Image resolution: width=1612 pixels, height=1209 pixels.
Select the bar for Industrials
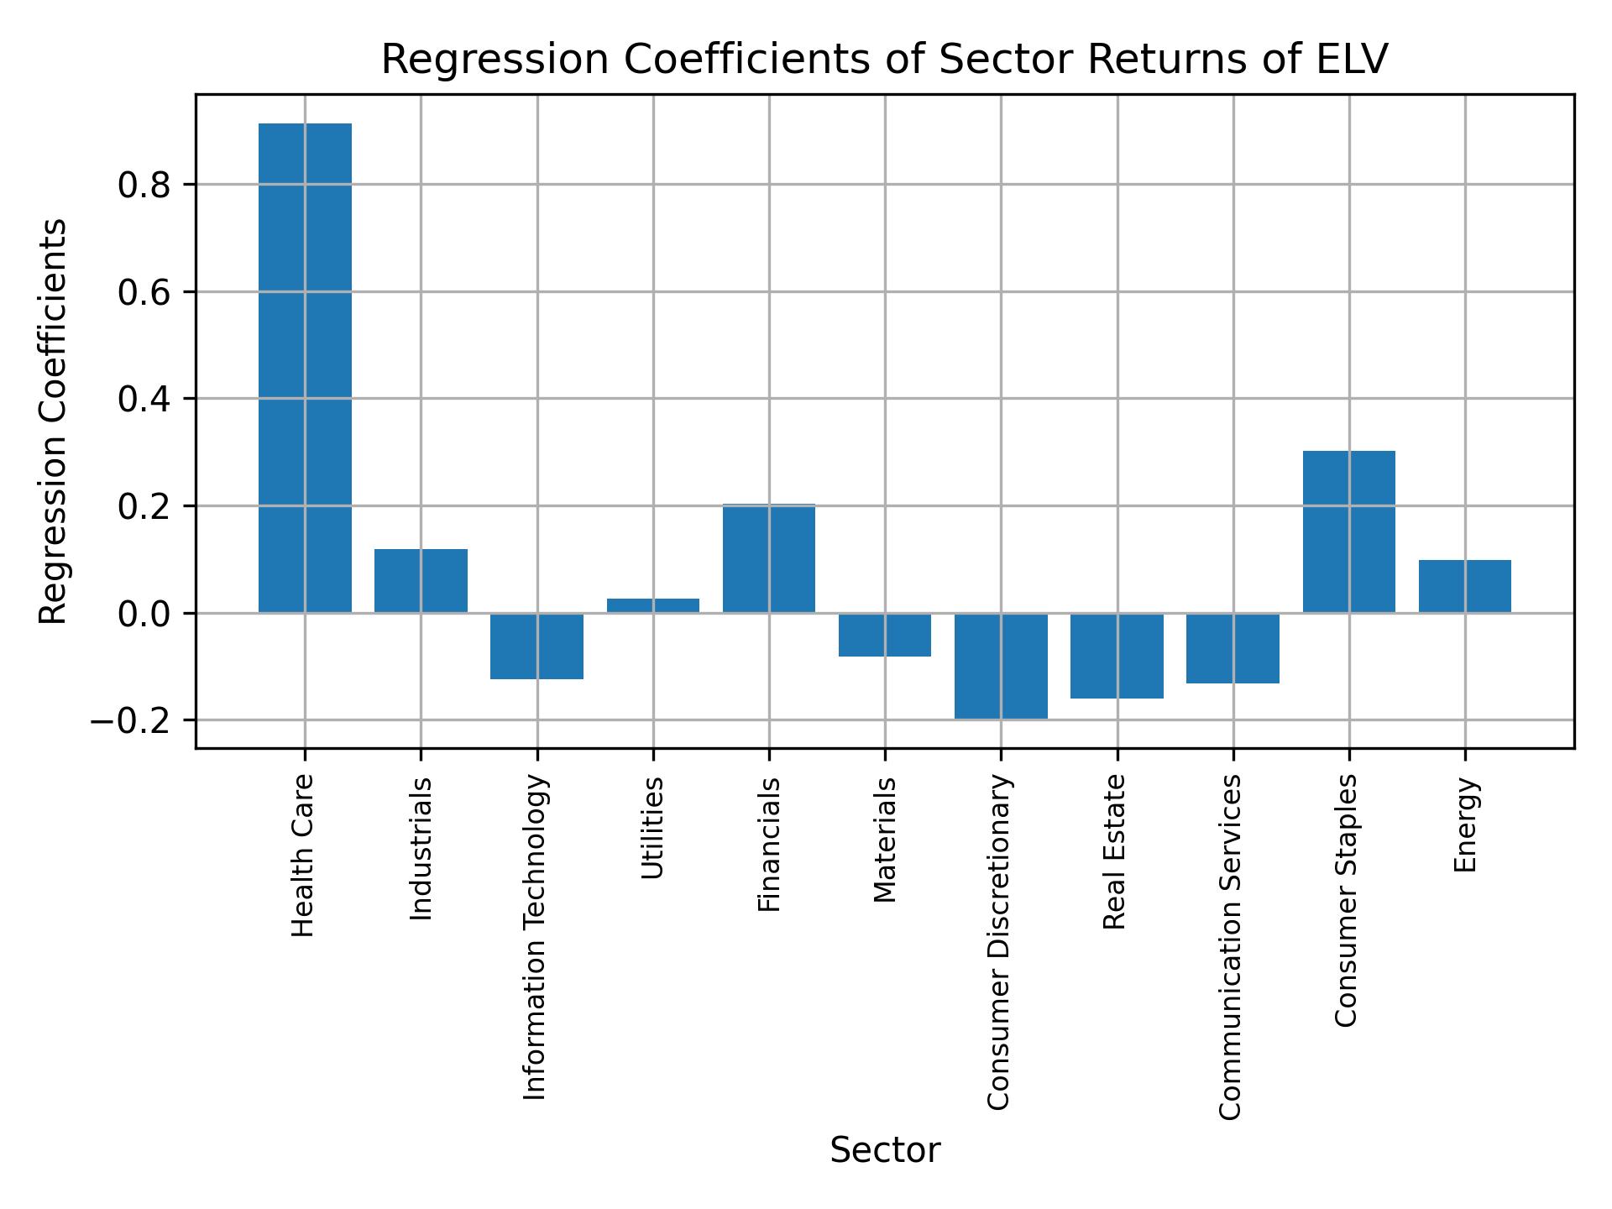point(421,581)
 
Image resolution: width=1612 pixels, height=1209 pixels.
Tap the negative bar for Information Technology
point(536,646)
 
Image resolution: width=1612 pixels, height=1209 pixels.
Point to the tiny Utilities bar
point(652,605)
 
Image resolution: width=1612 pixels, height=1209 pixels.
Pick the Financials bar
point(769,558)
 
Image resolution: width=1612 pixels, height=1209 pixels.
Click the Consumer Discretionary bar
point(1001,666)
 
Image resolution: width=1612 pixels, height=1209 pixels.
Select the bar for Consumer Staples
point(1348,531)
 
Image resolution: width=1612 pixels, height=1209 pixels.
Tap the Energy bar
point(1464,586)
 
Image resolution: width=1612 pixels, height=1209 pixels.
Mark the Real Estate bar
point(1117,656)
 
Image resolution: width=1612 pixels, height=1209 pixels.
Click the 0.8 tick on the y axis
point(144,185)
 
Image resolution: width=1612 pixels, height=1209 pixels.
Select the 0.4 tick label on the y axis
point(144,399)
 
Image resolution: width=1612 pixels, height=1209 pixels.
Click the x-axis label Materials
point(885,840)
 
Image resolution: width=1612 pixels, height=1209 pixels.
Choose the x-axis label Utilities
point(652,828)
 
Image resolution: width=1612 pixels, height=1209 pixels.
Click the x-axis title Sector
point(884,1150)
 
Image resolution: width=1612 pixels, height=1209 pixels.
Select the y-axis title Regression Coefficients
point(54,421)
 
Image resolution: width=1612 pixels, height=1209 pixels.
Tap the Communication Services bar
point(1233,648)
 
